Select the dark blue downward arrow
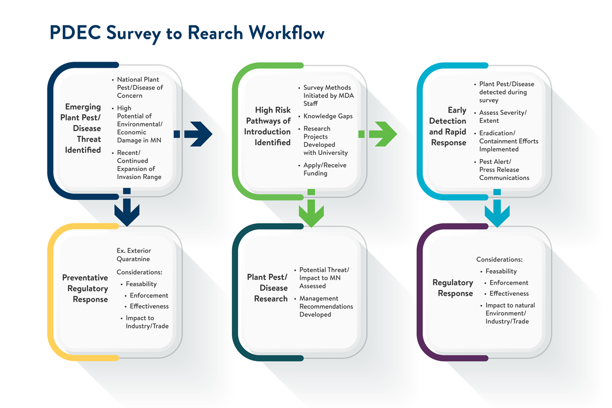(127, 209)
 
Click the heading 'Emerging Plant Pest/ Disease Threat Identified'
(83, 129)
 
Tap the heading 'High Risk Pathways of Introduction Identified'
(268, 126)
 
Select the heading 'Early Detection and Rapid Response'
(448, 126)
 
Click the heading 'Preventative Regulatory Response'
(85, 288)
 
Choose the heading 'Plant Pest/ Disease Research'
(267, 288)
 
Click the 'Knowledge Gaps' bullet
(327, 116)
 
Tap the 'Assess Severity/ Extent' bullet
(502, 116)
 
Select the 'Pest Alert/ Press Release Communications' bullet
(503, 170)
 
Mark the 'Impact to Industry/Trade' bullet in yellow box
(146, 322)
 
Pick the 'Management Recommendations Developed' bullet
(325, 307)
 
